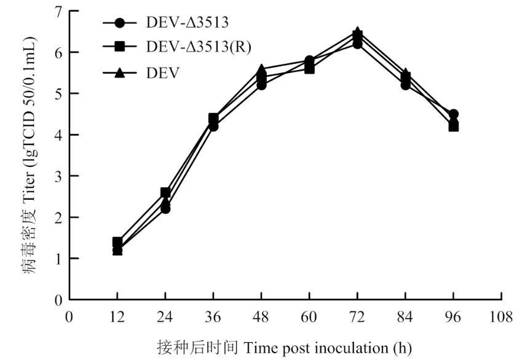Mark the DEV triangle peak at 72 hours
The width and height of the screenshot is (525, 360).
[357, 32]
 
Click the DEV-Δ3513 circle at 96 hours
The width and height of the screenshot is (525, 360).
[453, 114]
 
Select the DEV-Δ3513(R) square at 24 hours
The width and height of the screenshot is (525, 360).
[165, 193]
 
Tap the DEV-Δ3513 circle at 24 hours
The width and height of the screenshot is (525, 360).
[165, 209]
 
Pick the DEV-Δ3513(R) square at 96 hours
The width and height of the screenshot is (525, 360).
[453, 127]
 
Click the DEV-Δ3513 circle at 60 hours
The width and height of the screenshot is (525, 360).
[309, 61]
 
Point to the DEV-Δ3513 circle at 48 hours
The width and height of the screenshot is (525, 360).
[261, 85]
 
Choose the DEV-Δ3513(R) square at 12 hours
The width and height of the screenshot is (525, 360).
[117, 242]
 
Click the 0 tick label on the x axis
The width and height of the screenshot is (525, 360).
[69, 317]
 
